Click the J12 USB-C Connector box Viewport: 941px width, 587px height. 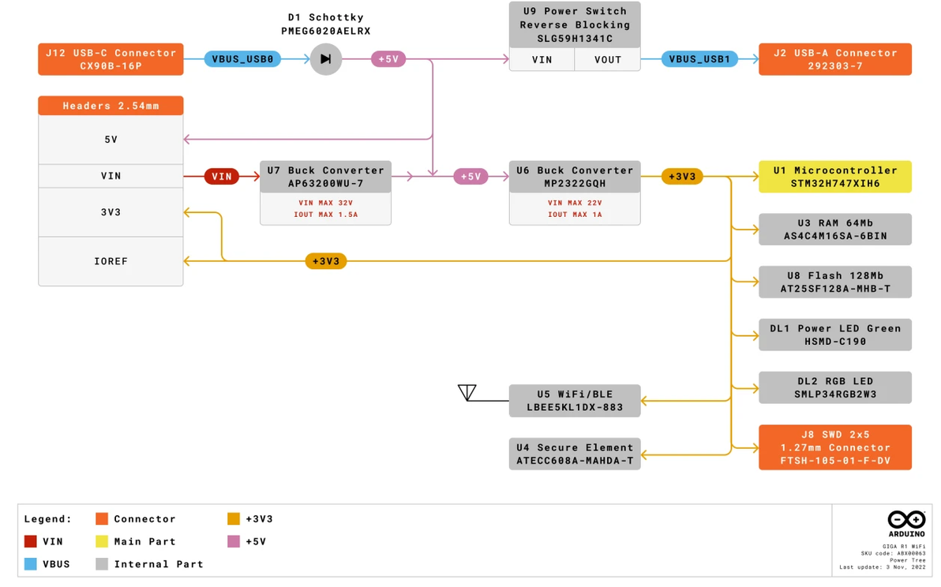(111, 59)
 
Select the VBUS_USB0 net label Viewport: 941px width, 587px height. (242, 58)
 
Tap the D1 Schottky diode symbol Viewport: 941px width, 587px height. (326, 58)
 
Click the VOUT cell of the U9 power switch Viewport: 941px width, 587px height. (607, 59)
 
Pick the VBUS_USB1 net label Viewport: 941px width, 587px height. (699, 58)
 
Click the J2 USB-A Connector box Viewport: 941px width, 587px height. (834, 59)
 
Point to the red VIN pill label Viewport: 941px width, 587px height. (222, 176)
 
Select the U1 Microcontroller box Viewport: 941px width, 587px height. (834, 176)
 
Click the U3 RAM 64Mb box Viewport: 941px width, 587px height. (834, 229)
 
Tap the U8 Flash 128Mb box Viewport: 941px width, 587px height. (834, 282)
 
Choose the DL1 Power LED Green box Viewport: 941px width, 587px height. (834, 335)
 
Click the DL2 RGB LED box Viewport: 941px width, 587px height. (834, 387)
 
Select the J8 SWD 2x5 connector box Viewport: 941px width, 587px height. (834, 447)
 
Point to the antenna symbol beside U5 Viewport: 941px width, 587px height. (467, 392)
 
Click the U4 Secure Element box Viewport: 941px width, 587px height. (575, 454)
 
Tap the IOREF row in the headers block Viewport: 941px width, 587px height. (111, 261)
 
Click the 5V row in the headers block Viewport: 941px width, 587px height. (111, 139)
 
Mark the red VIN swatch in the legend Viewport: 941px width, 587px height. (30, 541)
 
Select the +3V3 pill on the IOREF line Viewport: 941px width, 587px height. (326, 261)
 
